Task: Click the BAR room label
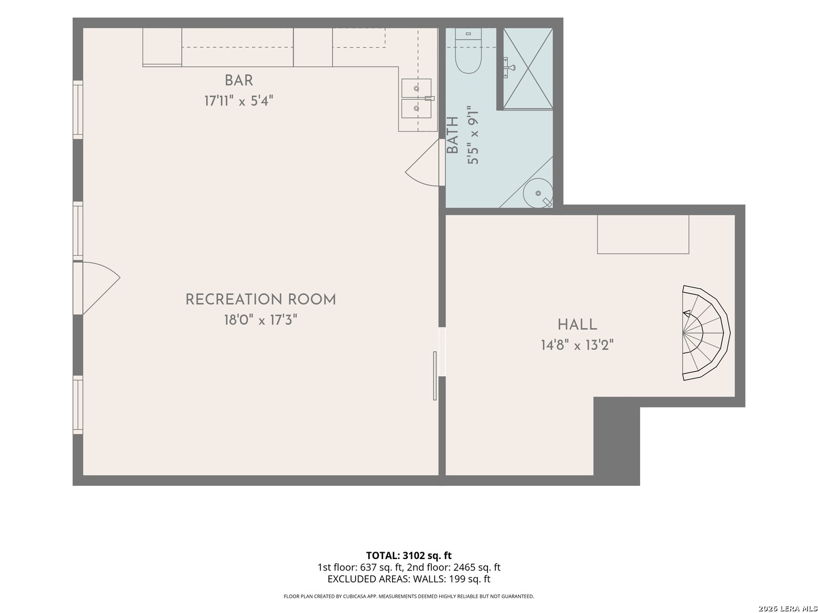(x=239, y=80)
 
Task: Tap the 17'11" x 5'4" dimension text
(x=239, y=100)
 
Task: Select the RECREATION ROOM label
(x=261, y=299)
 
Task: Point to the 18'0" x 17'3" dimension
(x=261, y=320)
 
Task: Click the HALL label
(x=577, y=325)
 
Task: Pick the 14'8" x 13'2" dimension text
(x=577, y=345)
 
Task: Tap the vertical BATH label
(x=452, y=135)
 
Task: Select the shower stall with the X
(x=528, y=69)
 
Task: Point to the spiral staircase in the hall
(x=706, y=333)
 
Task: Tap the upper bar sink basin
(x=416, y=89)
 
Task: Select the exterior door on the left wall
(x=96, y=288)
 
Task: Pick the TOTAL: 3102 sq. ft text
(x=409, y=556)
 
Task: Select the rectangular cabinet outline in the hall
(x=643, y=234)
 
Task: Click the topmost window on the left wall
(x=77, y=110)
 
